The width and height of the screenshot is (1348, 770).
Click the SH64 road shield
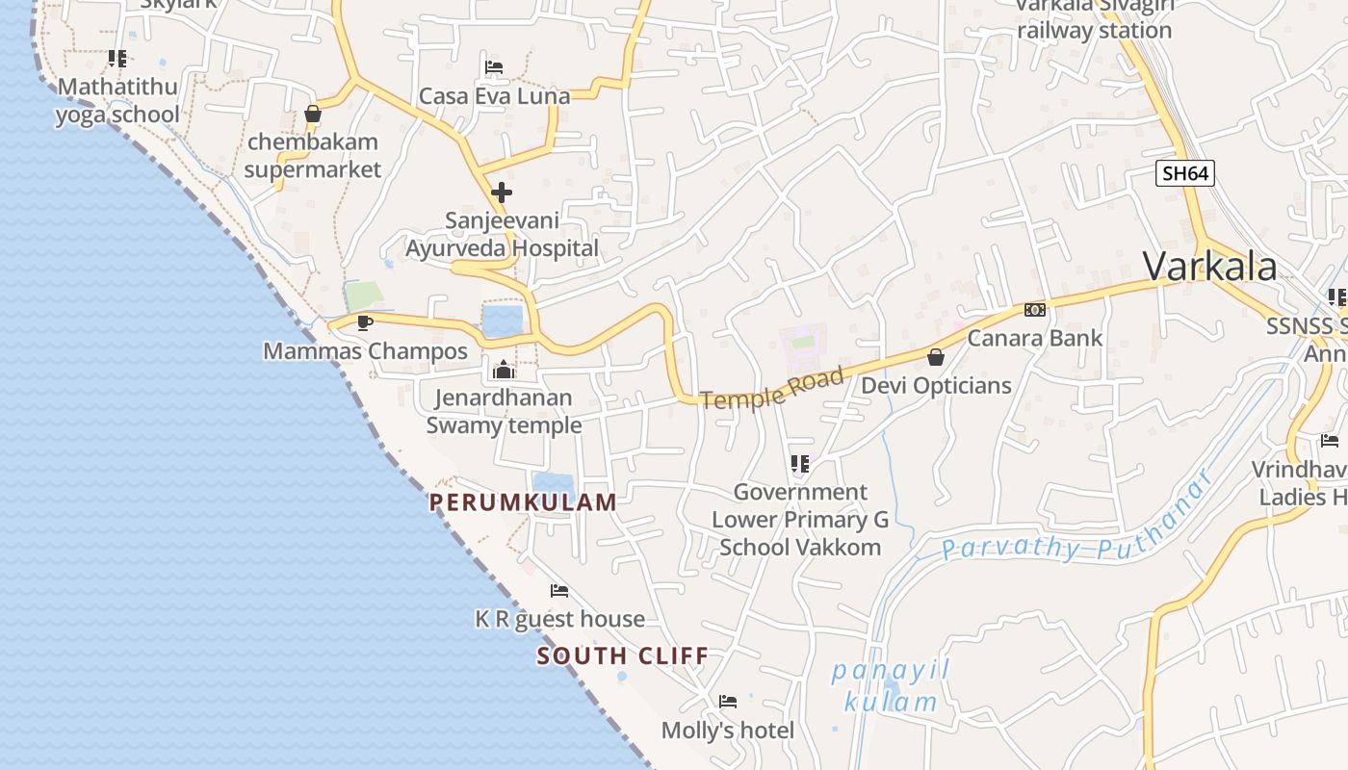pyautogui.click(x=1184, y=173)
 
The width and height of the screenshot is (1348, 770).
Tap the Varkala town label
pyautogui.click(x=1210, y=267)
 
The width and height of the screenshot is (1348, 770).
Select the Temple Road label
pyautogui.click(x=772, y=387)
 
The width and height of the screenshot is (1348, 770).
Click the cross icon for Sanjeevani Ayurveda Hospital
pyautogui.click(x=501, y=192)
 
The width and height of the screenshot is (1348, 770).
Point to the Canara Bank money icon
pyautogui.click(x=1035, y=310)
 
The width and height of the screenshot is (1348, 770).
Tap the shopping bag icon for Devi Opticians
pyautogui.click(x=935, y=357)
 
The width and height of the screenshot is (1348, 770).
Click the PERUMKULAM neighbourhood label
pyautogui.click(x=523, y=501)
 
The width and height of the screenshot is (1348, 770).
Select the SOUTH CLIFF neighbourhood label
pyautogui.click(x=622, y=656)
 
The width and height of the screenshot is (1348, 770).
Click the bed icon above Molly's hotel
pyautogui.click(x=728, y=702)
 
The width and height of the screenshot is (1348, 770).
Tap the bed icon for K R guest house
pyautogui.click(x=559, y=590)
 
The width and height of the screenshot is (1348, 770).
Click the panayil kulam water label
pyautogui.click(x=891, y=686)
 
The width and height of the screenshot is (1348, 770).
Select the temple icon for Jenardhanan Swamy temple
pyautogui.click(x=503, y=370)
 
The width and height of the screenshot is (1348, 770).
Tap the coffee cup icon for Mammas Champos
pyautogui.click(x=365, y=322)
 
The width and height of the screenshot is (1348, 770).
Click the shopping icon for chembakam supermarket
pyautogui.click(x=312, y=114)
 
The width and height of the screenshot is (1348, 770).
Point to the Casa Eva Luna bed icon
pyautogui.click(x=494, y=67)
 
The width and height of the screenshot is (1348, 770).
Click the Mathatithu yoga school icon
pyautogui.click(x=117, y=59)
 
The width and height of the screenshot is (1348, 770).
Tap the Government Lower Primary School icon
pyautogui.click(x=799, y=465)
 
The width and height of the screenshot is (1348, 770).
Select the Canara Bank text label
pyautogui.click(x=1035, y=338)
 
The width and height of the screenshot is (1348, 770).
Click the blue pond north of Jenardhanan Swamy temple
pyautogui.click(x=502, y=321)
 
